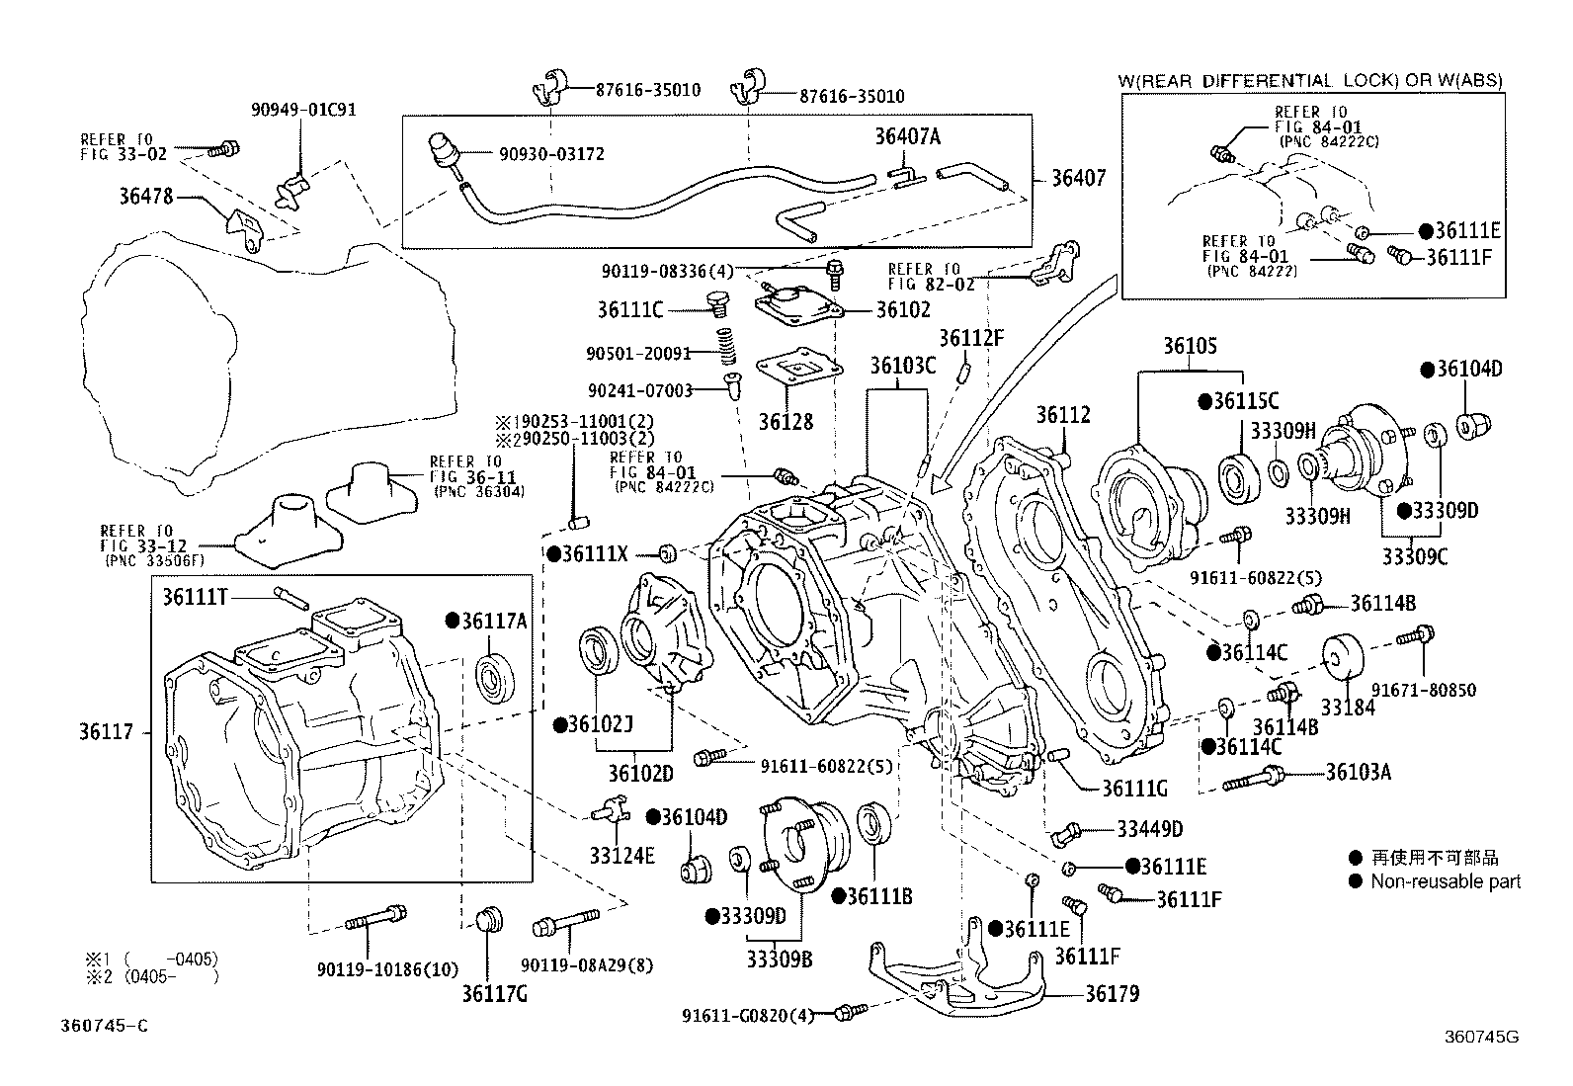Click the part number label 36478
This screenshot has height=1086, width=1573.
click(145, 196)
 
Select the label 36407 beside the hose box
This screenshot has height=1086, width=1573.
click(1078, 179)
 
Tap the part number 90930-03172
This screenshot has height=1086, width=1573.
click(551, 155)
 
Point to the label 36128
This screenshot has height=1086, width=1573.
click(786, 422)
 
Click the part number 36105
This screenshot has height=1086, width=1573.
click(1189, 346)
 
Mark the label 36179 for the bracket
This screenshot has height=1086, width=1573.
click(1112, 994)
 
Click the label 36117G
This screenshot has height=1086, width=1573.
click(494, 993)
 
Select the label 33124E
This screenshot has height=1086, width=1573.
click(622, 856)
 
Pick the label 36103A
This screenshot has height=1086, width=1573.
click(1358, 772)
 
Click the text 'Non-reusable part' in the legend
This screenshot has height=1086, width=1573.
click(1445, 881)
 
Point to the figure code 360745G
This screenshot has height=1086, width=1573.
click(1480, 1037)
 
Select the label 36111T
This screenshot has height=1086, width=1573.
click(196, 596)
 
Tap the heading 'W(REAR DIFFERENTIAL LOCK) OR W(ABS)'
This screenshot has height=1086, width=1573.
click(1310, 81)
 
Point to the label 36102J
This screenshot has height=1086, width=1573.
click(599, 725)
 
